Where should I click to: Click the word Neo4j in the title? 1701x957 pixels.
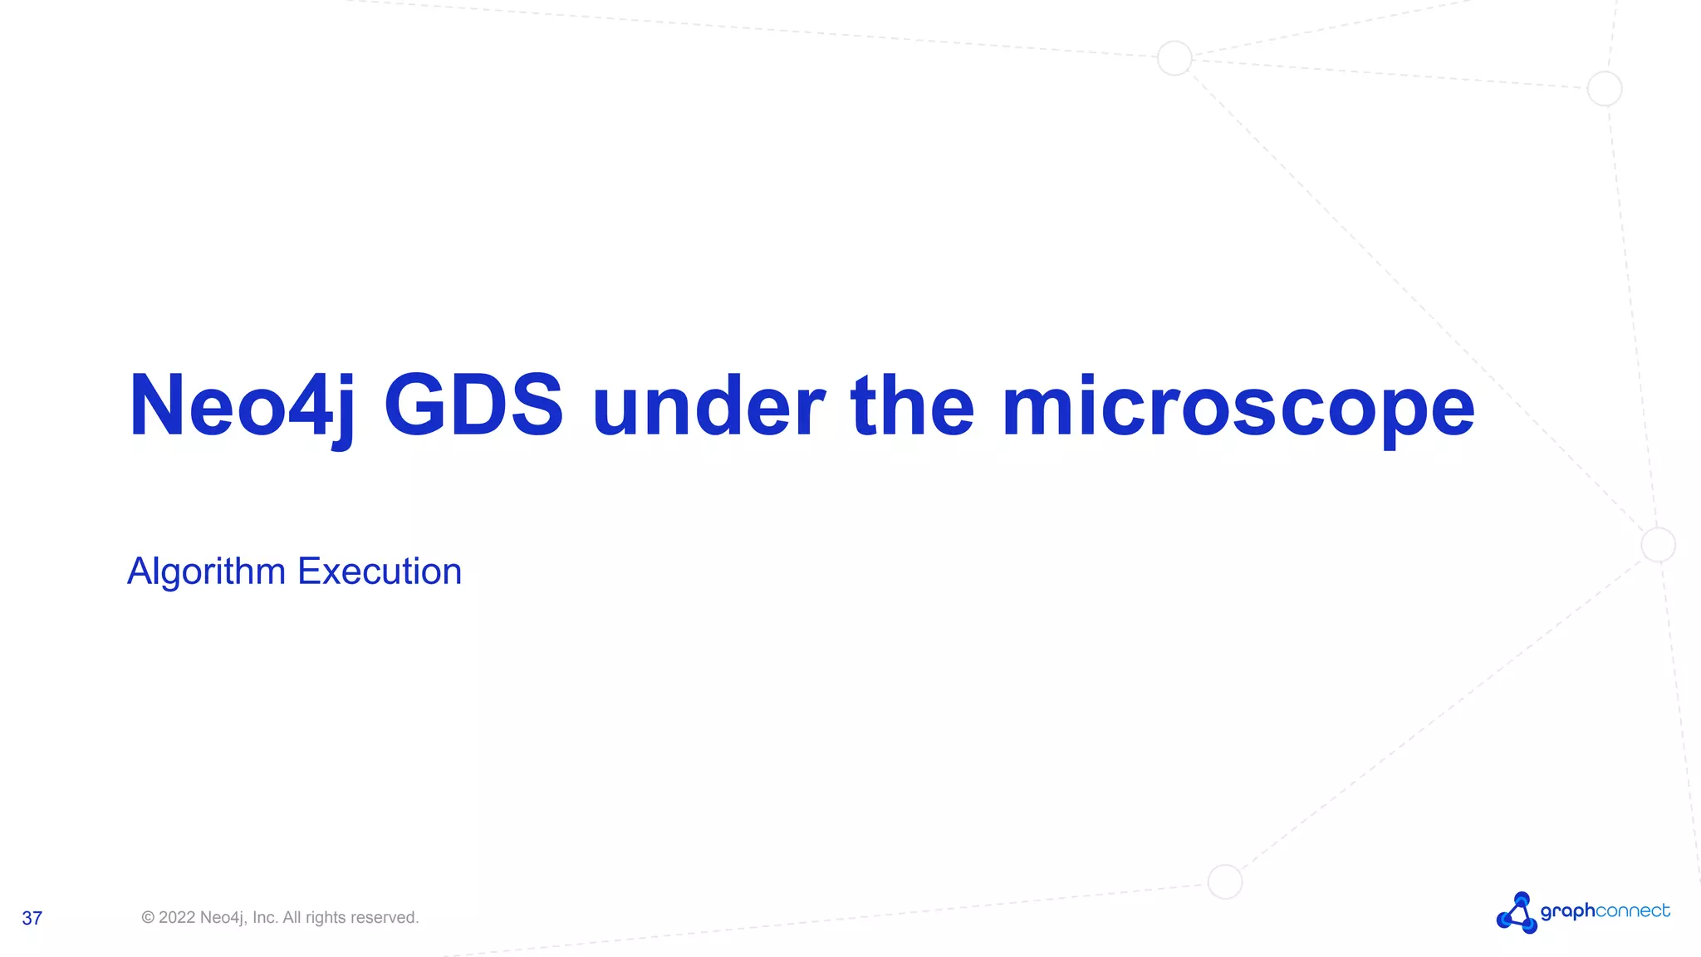click(x=241, y=407)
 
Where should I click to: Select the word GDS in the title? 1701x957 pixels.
click(x=473, y=407)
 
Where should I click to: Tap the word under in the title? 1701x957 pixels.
click(x=708, y=407)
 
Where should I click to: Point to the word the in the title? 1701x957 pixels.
click(x=912, y=407)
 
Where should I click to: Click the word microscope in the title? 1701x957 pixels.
click(x=1238, y=407)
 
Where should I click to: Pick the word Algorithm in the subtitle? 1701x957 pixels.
click(x=206, y=572)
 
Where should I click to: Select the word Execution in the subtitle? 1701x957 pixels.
click(x=380, y=572)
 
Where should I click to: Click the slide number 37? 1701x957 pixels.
click(x=32, y=918)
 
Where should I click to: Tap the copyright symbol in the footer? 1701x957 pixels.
click(x=148, y=918)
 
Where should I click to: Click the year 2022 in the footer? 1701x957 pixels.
click(x=177, y=918)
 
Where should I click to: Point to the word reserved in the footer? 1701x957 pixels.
click(x=385, y=918)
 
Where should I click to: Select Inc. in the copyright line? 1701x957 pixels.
click(x=265, y=918)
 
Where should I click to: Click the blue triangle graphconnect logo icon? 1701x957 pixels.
click(x=1517, y=913)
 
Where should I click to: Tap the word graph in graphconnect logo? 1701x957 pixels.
click(x=1567, y=911)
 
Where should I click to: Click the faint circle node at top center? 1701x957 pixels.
click(x=1174, y=58)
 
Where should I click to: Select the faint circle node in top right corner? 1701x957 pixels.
click(x=1604, y=89)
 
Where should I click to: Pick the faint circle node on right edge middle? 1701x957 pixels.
click(x=1658, y=545)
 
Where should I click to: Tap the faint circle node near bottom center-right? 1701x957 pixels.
click(x=1224, y=881)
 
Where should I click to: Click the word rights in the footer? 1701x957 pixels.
click(x=326, y=918)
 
